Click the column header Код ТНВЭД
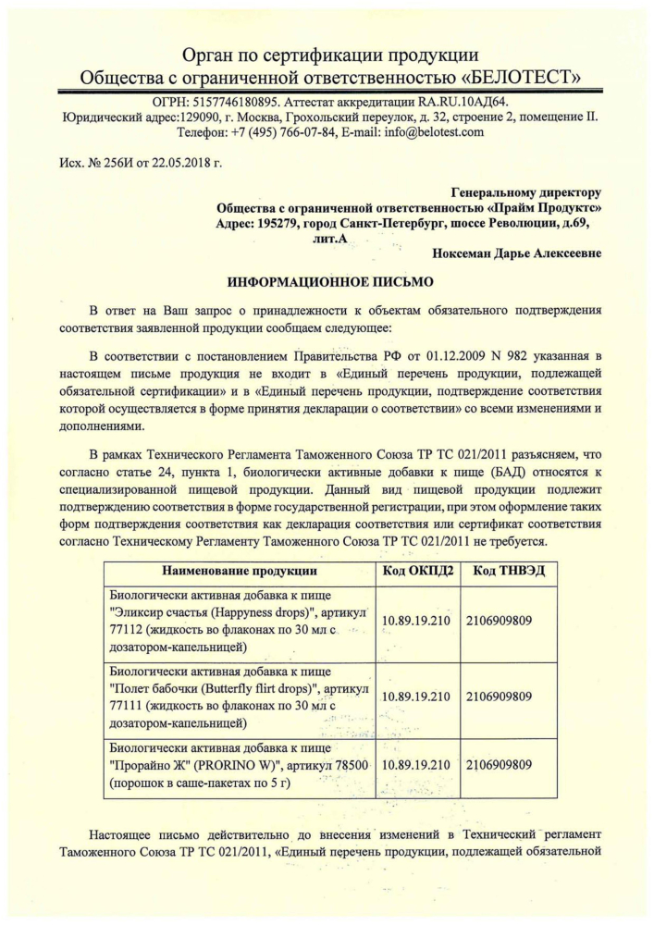[x=508, y=571]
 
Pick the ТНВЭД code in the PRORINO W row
[x=499, y=765]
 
